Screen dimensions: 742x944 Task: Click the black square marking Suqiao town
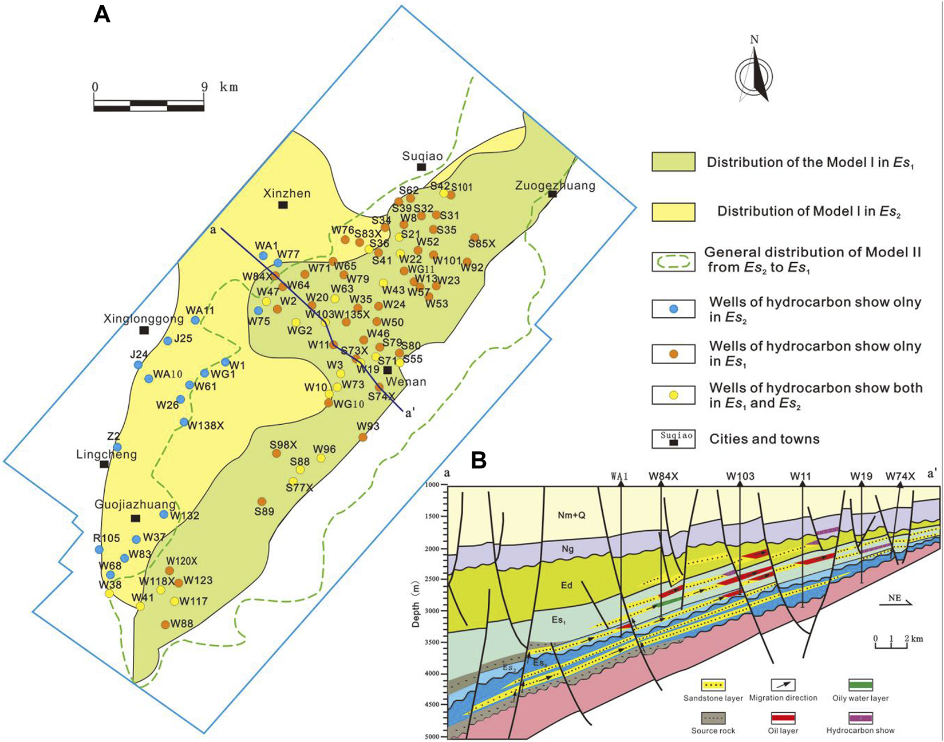(421, 167)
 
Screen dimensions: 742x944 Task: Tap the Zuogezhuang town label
(555, 185)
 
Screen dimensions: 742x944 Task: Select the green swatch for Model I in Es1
(673, 162)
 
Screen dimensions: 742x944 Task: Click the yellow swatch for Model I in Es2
(673, 212)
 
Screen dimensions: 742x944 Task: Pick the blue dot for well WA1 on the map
(263, 255)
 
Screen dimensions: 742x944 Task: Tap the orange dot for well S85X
(475, 237)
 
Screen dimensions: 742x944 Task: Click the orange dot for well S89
(262, 502)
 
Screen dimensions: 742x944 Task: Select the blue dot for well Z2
(117, 447)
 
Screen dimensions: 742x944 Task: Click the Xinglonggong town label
(144, 319)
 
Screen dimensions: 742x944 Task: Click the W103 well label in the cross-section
(740, 476)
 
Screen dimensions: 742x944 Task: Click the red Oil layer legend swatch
(783, 717)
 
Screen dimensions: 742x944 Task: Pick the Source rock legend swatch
(713, 717)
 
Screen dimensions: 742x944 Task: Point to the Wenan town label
(406, 382)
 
